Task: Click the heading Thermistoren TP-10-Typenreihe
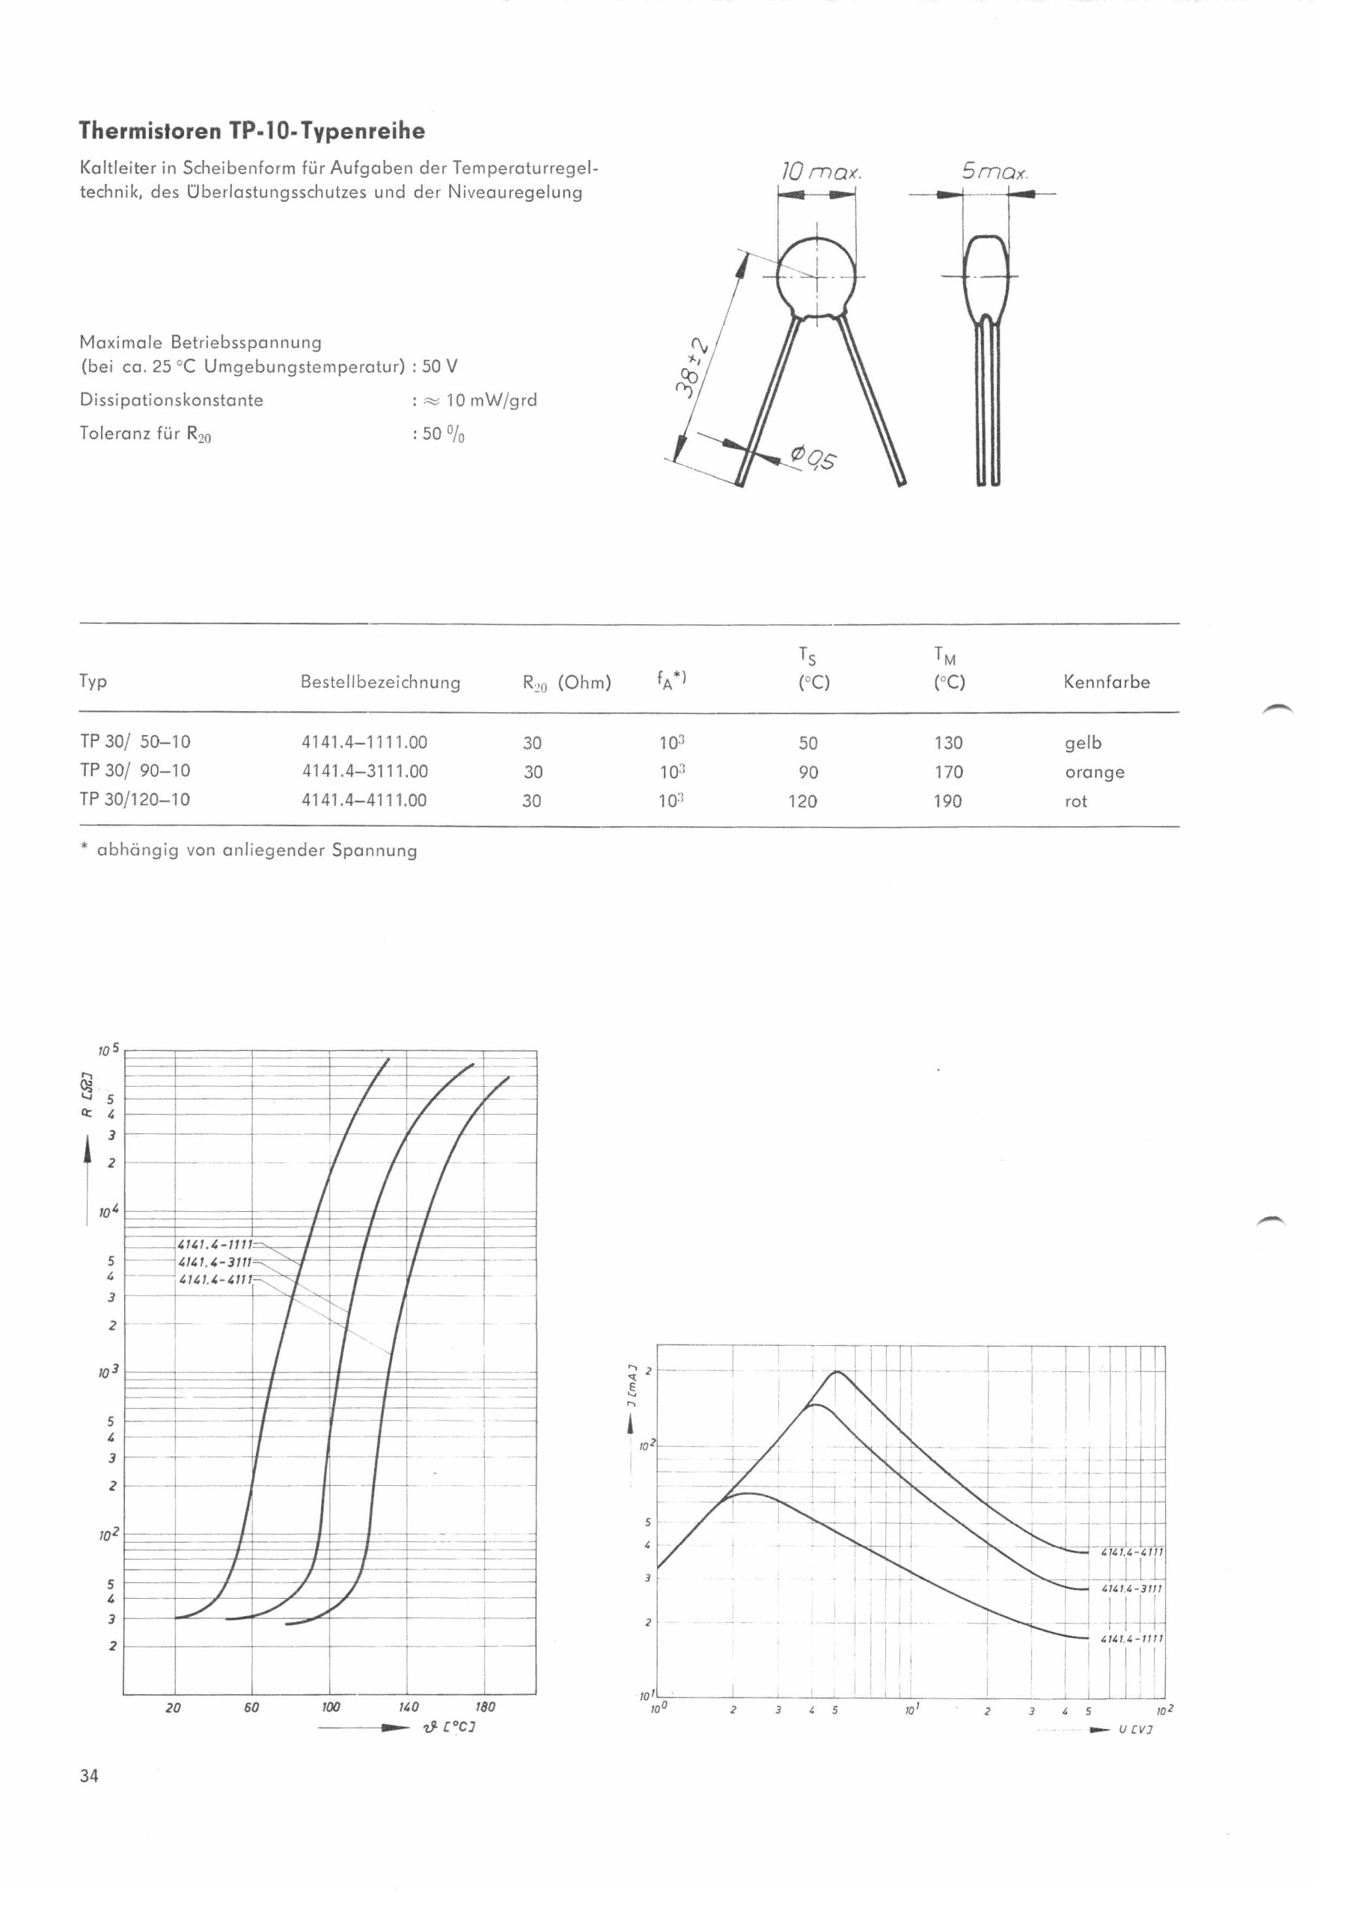click(252, 131)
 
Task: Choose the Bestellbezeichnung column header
click(380, 682)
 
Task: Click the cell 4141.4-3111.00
click(365, 772)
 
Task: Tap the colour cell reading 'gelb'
click(1082, 743)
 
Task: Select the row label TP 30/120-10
click(135, 800)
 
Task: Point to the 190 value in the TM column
click(948, 802)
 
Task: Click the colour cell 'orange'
click(1094, 772)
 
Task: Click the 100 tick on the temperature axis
click(331, 1707)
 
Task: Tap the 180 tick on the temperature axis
click(485, 1707)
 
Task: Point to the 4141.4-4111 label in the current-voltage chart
click(1132, 1552)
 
